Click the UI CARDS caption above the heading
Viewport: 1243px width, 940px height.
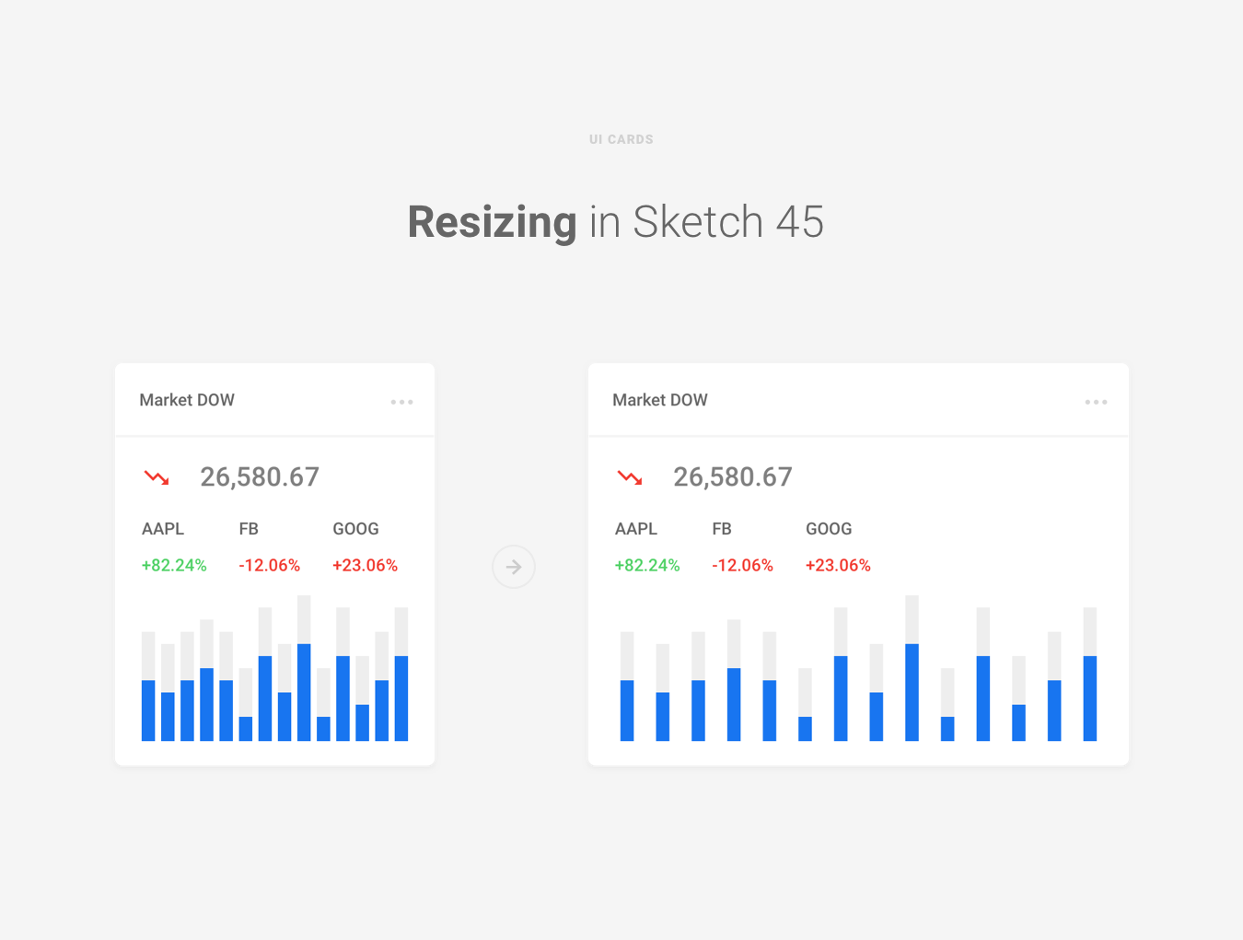click(621, 139)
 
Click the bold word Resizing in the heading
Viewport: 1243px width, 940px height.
click(492, 222)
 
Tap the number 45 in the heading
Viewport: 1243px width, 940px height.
click(799, 222)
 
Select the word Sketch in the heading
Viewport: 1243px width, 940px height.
click(698, 222)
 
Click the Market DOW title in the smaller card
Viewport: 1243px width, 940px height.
click(187, 400)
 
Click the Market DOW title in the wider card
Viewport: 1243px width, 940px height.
click(660, 400)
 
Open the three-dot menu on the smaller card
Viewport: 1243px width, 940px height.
click(401, 402)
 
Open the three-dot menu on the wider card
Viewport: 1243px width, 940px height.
click(1096, 402)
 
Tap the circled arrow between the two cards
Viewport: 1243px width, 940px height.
click(514, 567)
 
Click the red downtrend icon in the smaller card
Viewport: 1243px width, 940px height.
click(157, 477)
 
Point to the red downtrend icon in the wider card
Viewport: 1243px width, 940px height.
click(630, 477)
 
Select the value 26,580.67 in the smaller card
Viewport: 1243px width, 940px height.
click(260, 477)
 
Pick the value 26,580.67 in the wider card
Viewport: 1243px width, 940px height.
click(733, 477)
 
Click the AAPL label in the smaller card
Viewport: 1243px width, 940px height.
click(163, 529)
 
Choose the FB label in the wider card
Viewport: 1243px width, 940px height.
click(722, 529)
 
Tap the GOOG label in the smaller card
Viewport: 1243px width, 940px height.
click(355, 529)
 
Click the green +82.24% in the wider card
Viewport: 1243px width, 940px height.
click(647, 565)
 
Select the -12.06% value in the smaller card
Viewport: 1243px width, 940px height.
click(270, 565)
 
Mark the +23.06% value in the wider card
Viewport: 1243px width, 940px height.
click(838, 565)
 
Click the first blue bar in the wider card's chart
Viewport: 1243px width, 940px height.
click(627, 711)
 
